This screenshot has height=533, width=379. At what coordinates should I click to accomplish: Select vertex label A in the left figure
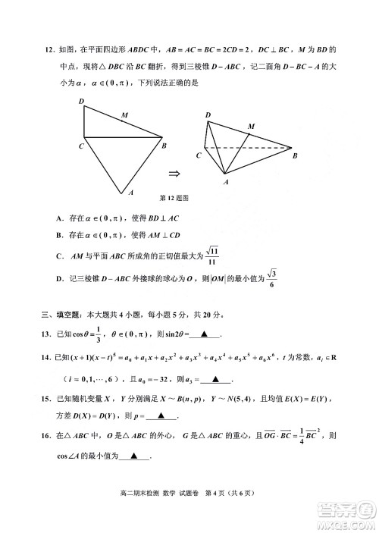pyautogui.click(x=131, y=193)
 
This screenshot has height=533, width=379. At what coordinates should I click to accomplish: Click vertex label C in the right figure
pyautogui.click(x=199, y=154)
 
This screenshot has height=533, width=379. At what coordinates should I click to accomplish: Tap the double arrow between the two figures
pyautogui.click(x=174, y=172)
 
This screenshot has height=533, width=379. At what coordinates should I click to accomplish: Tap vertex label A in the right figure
pyautogui.click(x=225, y=183)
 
